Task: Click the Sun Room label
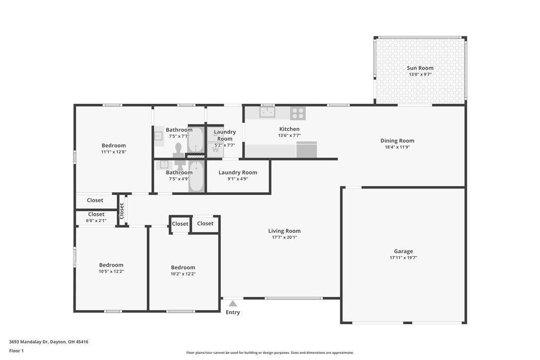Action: (420, 68)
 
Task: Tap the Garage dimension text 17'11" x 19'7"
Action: (403, 258)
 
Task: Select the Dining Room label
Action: (397, 141)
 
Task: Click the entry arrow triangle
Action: (233, 303)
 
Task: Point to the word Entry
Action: (233, 312)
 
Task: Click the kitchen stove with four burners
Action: (298, 113)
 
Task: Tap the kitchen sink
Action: (267, 112)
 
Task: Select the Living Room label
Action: (284, 231)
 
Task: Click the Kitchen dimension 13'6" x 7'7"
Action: (289, 136)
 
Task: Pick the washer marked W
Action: (215, 150)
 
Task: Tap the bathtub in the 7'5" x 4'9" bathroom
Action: (196, 177)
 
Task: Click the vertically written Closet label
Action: (121, 211)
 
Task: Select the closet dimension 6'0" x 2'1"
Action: (96, 221)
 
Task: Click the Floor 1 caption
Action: (16, 351)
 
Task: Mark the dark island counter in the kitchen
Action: (306, 149)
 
